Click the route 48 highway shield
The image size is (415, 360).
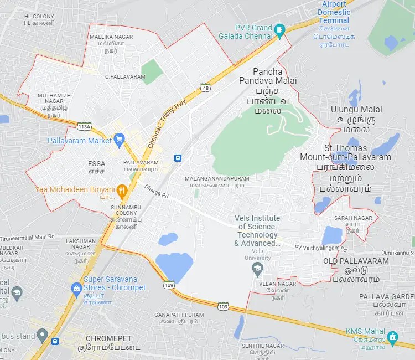[x=206, y=88]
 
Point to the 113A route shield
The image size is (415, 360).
[x=84, y=126]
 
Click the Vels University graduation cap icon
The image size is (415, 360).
[x=257, y=270]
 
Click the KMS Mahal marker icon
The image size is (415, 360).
[x=393, y=336]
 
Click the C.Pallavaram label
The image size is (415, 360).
[x=125, y=76]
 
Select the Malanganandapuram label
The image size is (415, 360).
[x=217, y=182]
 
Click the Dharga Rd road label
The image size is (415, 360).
[x=156, y=194]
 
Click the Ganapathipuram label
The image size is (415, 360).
[x=179, y=318]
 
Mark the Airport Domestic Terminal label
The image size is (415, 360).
[x=334, y=12]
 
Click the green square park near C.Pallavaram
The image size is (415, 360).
[x=152, y=72]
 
